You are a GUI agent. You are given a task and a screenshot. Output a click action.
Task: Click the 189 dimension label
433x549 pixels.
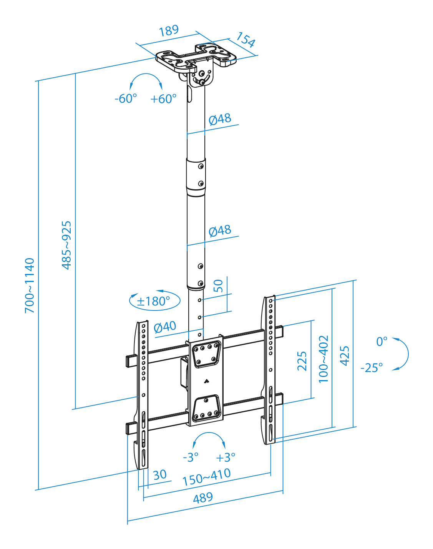coord(169,31)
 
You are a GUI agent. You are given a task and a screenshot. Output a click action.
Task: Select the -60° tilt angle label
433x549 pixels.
coord(126,98)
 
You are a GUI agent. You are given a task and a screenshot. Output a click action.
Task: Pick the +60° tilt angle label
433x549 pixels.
coord(163,99)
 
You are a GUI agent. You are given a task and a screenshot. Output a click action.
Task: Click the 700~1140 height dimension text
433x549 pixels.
coord(30,285)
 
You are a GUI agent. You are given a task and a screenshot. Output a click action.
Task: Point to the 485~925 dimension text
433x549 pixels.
coord(66,245)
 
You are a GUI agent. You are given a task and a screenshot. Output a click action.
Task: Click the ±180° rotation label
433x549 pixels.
coord(153,301)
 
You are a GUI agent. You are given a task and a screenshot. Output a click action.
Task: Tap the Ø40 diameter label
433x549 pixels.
coord(165,327)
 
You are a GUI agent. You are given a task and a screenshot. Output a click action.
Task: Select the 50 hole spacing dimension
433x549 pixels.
coord(218,286)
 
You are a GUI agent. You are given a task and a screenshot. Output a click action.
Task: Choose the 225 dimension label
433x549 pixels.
coord(302,361)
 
